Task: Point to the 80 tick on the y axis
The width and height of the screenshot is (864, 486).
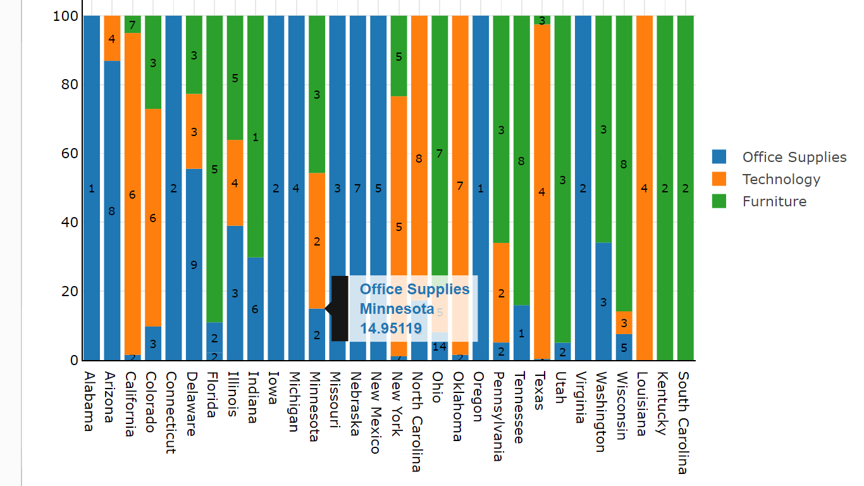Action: coord(70,85)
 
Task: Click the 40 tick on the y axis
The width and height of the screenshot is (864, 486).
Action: coord(70,223)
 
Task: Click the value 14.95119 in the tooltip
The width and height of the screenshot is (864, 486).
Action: coord(390,328)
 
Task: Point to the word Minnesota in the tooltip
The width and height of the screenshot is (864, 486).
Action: coord(397,309)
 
